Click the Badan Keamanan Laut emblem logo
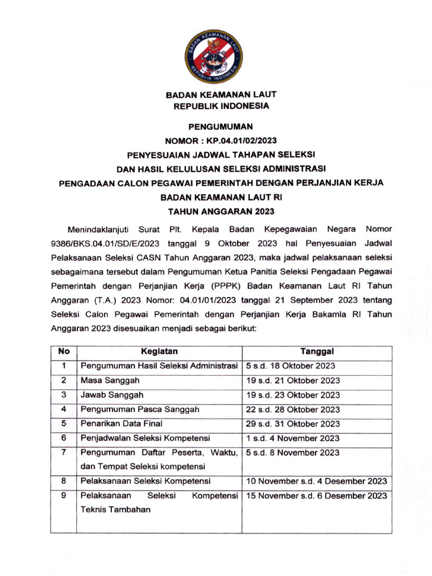pyautogui.click(x=217, y=56)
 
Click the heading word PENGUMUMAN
pyautogui.click(x=217, y=127)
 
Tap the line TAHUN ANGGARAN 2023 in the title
pyautogui.click(x=217, y=211)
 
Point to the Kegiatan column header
pyautogui.click(x=160, y=352)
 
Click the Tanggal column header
pyautogui.click(x=317, y=352)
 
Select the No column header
pyautogui.click(x=64, y=352)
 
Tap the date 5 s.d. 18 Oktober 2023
pyautogui.click(x=291, y=366)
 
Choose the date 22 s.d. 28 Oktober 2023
pyautogui.click(x=293, y=409)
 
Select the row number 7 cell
pyautogui.click(x=64, y=452)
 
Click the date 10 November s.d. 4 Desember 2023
pyautogui.click(x=317, y=481)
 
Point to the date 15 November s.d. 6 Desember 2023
pyautogui.click(x=317, y=496)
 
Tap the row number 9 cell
pyautogui.click(x=64, y=496)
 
